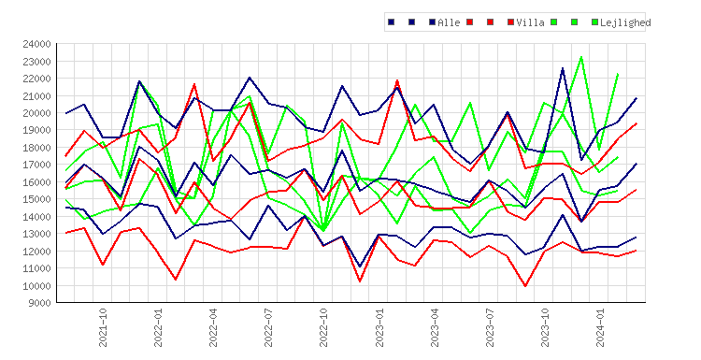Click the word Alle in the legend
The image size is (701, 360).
click(449, 22)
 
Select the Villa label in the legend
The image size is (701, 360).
click(530, 22)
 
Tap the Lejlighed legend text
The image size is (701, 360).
click(625, 22)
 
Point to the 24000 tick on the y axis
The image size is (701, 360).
click(36, 44)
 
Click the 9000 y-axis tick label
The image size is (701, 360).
click(39, 303)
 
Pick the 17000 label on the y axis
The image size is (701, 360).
click(36, 165)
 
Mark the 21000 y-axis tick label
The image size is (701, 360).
click(36, 95)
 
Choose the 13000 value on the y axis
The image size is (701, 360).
click(36, 234)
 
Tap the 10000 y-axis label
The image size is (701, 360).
click(36, 286)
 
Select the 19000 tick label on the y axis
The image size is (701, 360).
click(36, 130)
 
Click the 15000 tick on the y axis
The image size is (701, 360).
click(36, 199)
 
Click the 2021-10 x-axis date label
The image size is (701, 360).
click(103, 327)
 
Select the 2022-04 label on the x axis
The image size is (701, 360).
click(213, 327)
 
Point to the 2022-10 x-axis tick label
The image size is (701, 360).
click(323, 327)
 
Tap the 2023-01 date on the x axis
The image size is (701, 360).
click(379, 327)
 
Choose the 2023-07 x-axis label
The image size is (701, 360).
click(490, 327)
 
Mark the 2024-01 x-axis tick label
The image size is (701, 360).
click(600, 327)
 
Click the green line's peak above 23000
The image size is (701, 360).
click(581, 57)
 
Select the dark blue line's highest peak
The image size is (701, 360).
click(563, 68)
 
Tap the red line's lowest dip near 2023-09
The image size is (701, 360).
click(525, 286)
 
